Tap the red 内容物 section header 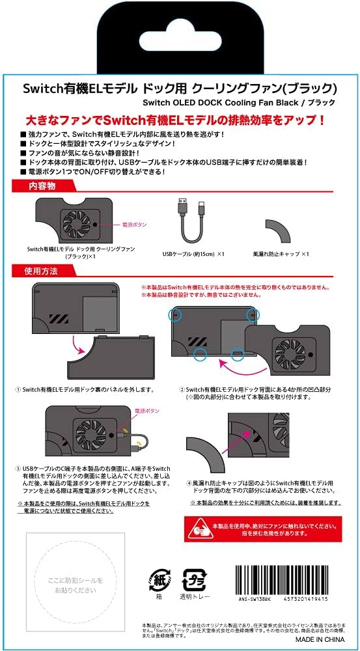tap(44, 187)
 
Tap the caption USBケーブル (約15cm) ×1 tap(193, 254)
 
